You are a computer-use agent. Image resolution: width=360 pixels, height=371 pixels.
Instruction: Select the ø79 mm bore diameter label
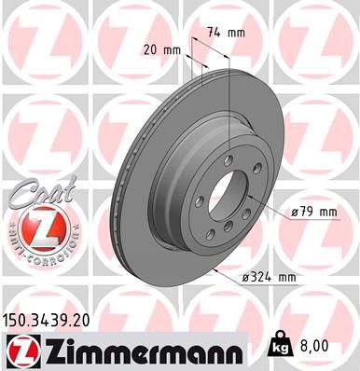pyautogui.click(x=314, y=213)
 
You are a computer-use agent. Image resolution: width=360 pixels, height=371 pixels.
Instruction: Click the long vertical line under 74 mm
pyautogui.click(x=228, y=121)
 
